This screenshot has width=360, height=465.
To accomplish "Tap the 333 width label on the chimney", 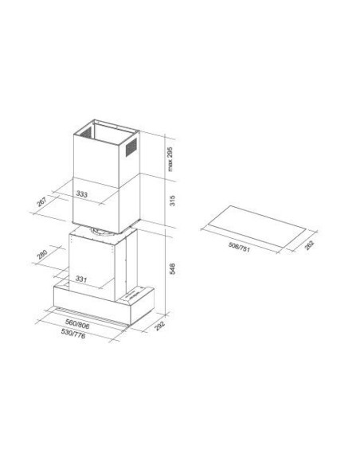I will point(82,193).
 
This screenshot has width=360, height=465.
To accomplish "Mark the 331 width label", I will point(81,279).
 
